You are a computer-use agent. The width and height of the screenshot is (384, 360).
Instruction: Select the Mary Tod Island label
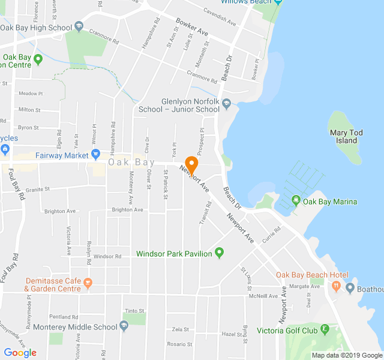tap(343, 136)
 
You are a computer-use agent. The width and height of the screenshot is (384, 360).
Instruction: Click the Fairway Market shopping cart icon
tap(95, 155)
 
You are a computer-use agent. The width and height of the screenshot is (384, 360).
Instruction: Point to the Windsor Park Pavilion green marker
tap(219, 253)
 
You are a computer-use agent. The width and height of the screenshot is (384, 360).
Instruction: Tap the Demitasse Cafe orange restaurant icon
tap(88, 281)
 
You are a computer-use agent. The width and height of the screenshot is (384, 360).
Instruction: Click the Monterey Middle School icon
tap(124, 326)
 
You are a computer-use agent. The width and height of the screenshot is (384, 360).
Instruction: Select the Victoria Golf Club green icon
tap(325, 329)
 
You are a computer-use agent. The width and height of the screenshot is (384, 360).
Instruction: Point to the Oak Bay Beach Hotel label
tap(311, 275)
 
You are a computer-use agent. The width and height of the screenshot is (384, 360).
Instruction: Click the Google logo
tap(20, 353)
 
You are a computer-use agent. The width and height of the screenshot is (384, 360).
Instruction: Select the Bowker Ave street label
tap(192, 28)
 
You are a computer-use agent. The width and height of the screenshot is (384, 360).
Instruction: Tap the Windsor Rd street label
tap(107, 256)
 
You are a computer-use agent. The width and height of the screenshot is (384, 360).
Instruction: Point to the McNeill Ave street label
tap(265, 295)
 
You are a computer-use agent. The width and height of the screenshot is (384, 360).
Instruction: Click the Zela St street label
tap(180, 329)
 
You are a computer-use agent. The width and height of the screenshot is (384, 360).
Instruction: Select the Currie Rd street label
tap(271, 235)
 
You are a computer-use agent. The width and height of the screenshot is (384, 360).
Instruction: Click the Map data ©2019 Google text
tap(346, 355)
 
